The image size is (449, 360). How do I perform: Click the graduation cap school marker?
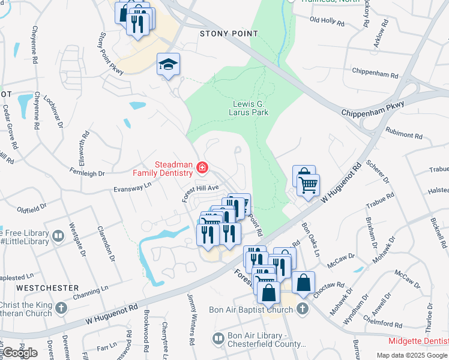click(x=169, y=64)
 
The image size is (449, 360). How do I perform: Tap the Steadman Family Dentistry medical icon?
click(x=202, y=169)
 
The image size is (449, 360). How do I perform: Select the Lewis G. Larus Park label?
click(x=250, y=108)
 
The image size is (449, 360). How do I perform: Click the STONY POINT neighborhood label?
click(x=229, y=34)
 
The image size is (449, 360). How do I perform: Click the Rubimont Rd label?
click(x=406, y=132)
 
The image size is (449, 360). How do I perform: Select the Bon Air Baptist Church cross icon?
click(x=302, y=310)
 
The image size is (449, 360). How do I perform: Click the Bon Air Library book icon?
click(x=217, y=340)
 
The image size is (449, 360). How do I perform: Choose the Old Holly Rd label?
click(x=327, y=22)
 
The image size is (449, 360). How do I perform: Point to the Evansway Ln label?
click(x=133, y=188)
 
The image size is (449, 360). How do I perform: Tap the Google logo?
click(x=20, y=353)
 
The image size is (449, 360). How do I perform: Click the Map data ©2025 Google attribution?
click(x=411, y=355)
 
